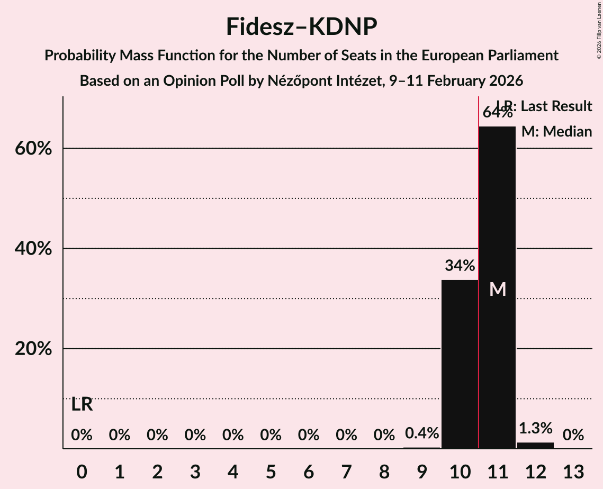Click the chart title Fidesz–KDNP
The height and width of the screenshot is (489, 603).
click(x=301, y=26)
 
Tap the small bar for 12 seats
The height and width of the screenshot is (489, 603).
click(x=535, y=446)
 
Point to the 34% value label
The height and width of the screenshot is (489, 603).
click(x=460, y=266)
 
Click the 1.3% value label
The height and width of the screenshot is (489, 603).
click(x=535, y=428)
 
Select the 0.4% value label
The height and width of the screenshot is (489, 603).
click(x=422, y=433)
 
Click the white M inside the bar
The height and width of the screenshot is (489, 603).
click(x=498, y=289)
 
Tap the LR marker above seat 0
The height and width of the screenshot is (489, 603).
click(x=82, y=405)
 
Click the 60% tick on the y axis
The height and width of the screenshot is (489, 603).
click(x=33, y=149)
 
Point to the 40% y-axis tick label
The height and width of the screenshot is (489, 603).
click(x=33, y=249)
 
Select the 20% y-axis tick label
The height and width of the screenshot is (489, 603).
click(x=33, y=349)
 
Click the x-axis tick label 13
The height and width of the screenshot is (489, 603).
click(x=573, y=472)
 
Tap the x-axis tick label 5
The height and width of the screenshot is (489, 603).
click(x=271, y=472)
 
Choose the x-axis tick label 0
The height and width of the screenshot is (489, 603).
click(x=82, y=472)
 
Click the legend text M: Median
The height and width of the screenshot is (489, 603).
click(x=556, y=132)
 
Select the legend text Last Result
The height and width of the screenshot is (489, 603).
click(x=556, y=106)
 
